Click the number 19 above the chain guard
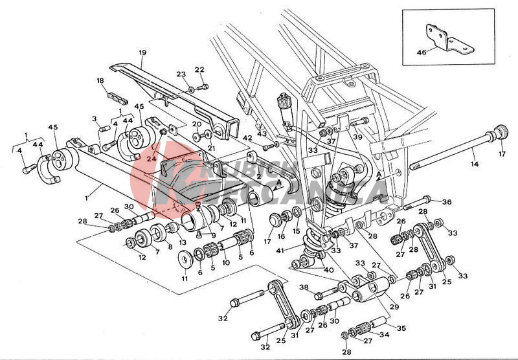[x=142, y=52]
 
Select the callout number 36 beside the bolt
[x=446, y=202]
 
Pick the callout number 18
[x=100, y=81]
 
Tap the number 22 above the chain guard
[x=199, y=70]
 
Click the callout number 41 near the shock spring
[x=279, y=252]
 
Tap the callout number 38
[x=303, y=287]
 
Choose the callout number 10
[x=226, y=262]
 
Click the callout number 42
[x=247, y=138]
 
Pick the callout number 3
[x=94, y=119]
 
